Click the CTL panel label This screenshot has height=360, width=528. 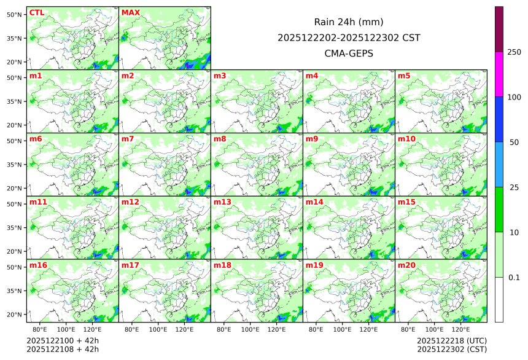(36, 13)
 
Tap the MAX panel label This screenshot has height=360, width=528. (130, 13)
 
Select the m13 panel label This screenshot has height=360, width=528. (222, 202)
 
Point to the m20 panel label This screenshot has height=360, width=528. (406, 265)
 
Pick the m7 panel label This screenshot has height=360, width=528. (128, 139)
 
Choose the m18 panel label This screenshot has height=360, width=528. (222, 265)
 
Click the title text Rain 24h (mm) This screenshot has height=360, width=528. (349, 22)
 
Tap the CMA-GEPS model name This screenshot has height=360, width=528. (349, 53)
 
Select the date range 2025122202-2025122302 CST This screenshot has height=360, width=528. (349, 37)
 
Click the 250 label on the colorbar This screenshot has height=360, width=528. (514, 52)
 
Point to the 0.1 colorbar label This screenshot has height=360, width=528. (514, 278)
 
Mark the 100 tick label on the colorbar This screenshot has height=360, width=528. (514, 97)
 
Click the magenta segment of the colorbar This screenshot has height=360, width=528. (499, 74)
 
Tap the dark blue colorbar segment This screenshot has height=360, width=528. (499, 119)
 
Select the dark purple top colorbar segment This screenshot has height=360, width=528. (499, 29)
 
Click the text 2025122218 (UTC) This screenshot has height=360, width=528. (451, 340)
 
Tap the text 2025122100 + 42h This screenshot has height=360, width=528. (63, 340)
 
